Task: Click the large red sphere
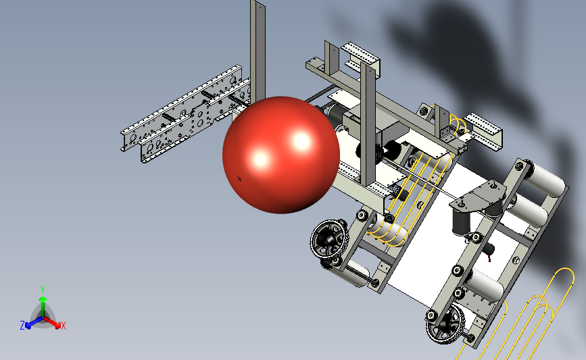pos(281,155)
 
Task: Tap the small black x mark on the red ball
pos(239,179)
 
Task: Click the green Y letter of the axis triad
pos(43,290)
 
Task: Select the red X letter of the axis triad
pos(63,326)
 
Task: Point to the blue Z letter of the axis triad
pos(22,326)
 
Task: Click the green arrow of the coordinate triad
pos(43,307)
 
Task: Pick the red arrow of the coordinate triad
pos(52,323)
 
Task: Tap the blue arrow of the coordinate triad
pos(34,323)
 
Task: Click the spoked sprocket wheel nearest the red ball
pos(329,239)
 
